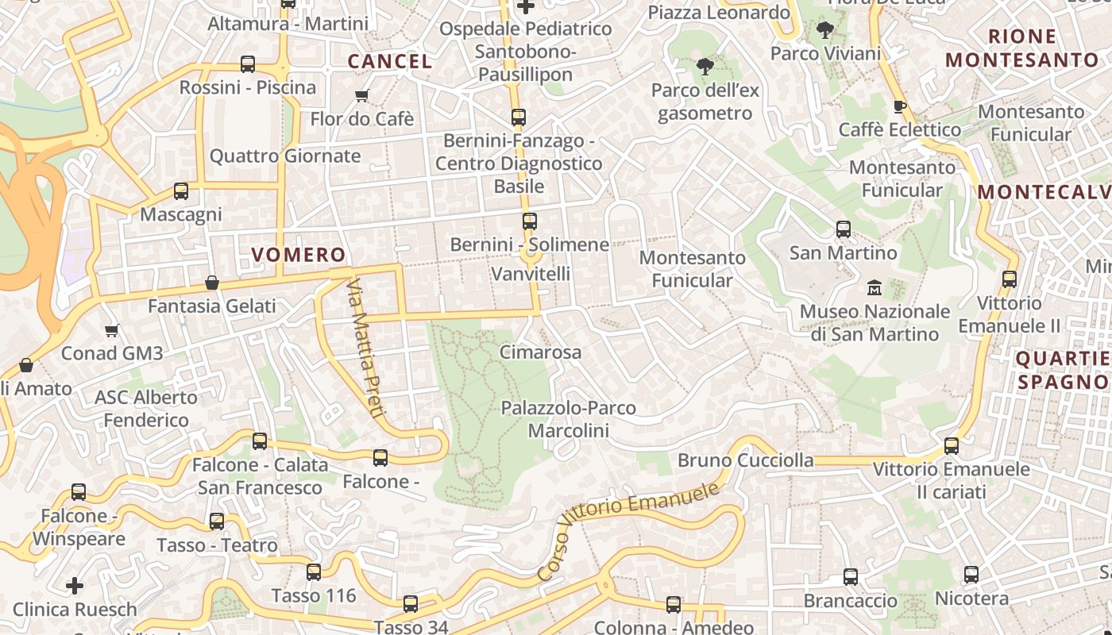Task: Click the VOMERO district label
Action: click(x=299, y=255)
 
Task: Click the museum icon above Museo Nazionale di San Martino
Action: click(x=875, y=287)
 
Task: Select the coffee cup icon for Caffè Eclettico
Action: click(x=899, y=106)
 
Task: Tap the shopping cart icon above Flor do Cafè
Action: click(x=362, y=96)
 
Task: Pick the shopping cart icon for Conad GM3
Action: click(x=112, y=330)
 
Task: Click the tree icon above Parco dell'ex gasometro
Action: click(x=705, y=67)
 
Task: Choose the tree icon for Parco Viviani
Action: click(x=825, y=30)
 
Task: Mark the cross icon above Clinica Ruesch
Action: click(x=75, y=587)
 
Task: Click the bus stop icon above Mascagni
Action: click(x=181, y=191)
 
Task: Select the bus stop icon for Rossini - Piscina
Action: click(x=248, y=64)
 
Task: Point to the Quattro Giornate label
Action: click(x=285, y=156)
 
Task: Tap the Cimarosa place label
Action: click(x=541, y=352)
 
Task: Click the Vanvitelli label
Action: click(x=531, y=274)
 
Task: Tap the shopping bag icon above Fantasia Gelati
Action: click(x=212, y=283)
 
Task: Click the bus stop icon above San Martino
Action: click(x=844, y=229)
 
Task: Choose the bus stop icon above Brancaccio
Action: click(x=851, y=577)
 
